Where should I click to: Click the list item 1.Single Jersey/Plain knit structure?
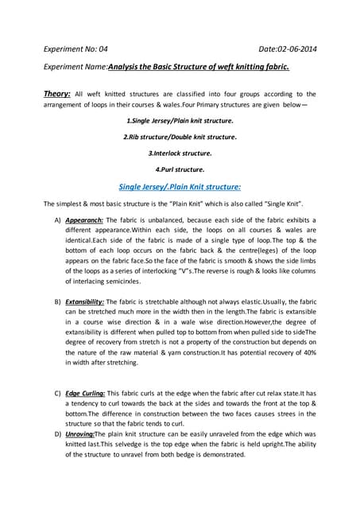coord(180,122)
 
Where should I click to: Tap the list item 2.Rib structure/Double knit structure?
coord(180,138)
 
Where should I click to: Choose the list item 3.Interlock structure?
coord(180,153)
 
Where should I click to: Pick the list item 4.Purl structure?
coord(180,169)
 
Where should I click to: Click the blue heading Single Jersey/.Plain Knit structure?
coord(180,187)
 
